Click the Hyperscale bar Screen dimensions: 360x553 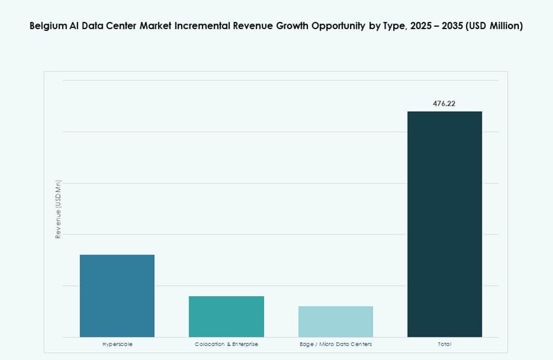point(117,296)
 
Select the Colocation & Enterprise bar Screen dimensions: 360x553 point(226,316)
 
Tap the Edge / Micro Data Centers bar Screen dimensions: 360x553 point(335,321)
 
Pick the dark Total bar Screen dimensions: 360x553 point(444,224)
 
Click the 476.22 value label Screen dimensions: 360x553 point(444,104)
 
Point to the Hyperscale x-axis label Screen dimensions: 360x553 point(117,344)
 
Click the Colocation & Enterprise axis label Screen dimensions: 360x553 point(226,344)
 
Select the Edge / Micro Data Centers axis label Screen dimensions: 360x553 point(335,344)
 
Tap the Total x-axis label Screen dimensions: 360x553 point(444,344)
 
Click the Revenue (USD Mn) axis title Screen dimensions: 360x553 point(58,209)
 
